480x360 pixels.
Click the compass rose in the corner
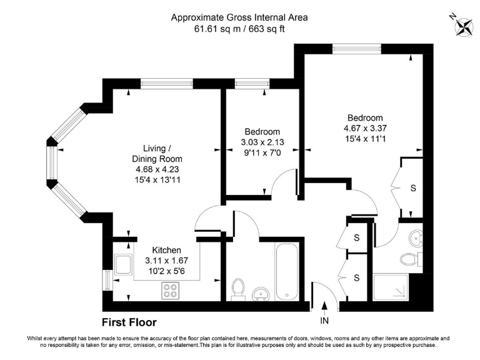coord(464,26)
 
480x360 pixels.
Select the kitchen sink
coord(123,264)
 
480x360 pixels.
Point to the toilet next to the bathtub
coord(237,288)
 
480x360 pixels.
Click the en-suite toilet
coord(410,259)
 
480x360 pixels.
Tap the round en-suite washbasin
coord(416,238)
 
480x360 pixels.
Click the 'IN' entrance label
coord(324,321)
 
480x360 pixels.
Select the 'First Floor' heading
coord(129,322)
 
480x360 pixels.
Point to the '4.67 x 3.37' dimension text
coord(365,129)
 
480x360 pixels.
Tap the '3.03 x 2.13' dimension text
coord(262,142)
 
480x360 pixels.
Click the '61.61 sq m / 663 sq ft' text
coord(241,29)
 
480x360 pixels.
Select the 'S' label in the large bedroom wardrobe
coord(413,188)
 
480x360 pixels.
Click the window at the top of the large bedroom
coord(356,47)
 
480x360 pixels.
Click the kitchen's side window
coord(106,279)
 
